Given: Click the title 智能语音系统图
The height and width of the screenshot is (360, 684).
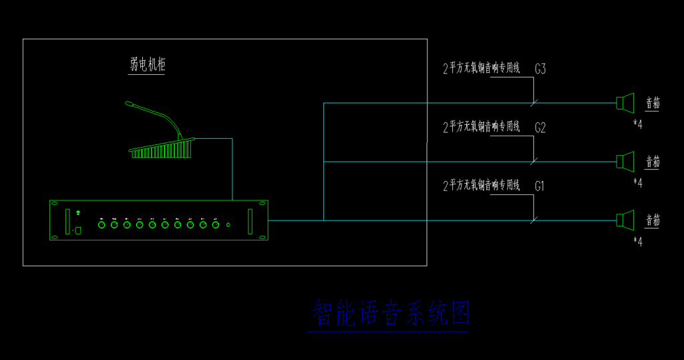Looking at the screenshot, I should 391,313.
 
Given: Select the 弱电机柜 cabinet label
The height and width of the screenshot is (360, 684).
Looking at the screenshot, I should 147,65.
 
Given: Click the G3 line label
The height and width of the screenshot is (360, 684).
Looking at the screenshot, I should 540,69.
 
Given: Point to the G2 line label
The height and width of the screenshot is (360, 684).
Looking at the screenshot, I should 540,128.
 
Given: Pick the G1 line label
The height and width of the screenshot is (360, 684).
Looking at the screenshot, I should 540,186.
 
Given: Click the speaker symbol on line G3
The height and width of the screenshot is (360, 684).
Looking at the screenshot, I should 625,103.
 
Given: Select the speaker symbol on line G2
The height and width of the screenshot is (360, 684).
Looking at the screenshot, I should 625,162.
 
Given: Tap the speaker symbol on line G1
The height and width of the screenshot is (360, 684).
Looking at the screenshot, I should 625,220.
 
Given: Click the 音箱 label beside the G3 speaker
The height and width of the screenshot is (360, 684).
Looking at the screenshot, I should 653,103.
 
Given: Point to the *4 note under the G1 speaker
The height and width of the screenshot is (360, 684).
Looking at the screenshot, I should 637,242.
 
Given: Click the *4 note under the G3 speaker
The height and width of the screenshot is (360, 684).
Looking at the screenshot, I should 637,124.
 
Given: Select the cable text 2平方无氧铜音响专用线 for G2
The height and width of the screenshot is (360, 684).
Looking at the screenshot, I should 482,127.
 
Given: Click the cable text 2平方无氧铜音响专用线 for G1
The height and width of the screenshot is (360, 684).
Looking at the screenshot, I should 482,186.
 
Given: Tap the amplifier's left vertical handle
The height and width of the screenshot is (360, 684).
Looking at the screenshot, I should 67,221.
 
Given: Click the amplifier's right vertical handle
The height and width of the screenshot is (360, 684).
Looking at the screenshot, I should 250,221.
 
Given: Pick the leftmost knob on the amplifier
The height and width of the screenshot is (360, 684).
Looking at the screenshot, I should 102,225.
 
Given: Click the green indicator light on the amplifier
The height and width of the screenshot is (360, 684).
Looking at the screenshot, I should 78,212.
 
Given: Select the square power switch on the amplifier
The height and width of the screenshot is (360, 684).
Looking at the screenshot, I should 78,230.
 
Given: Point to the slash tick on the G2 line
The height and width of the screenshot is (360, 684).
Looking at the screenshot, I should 534,161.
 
